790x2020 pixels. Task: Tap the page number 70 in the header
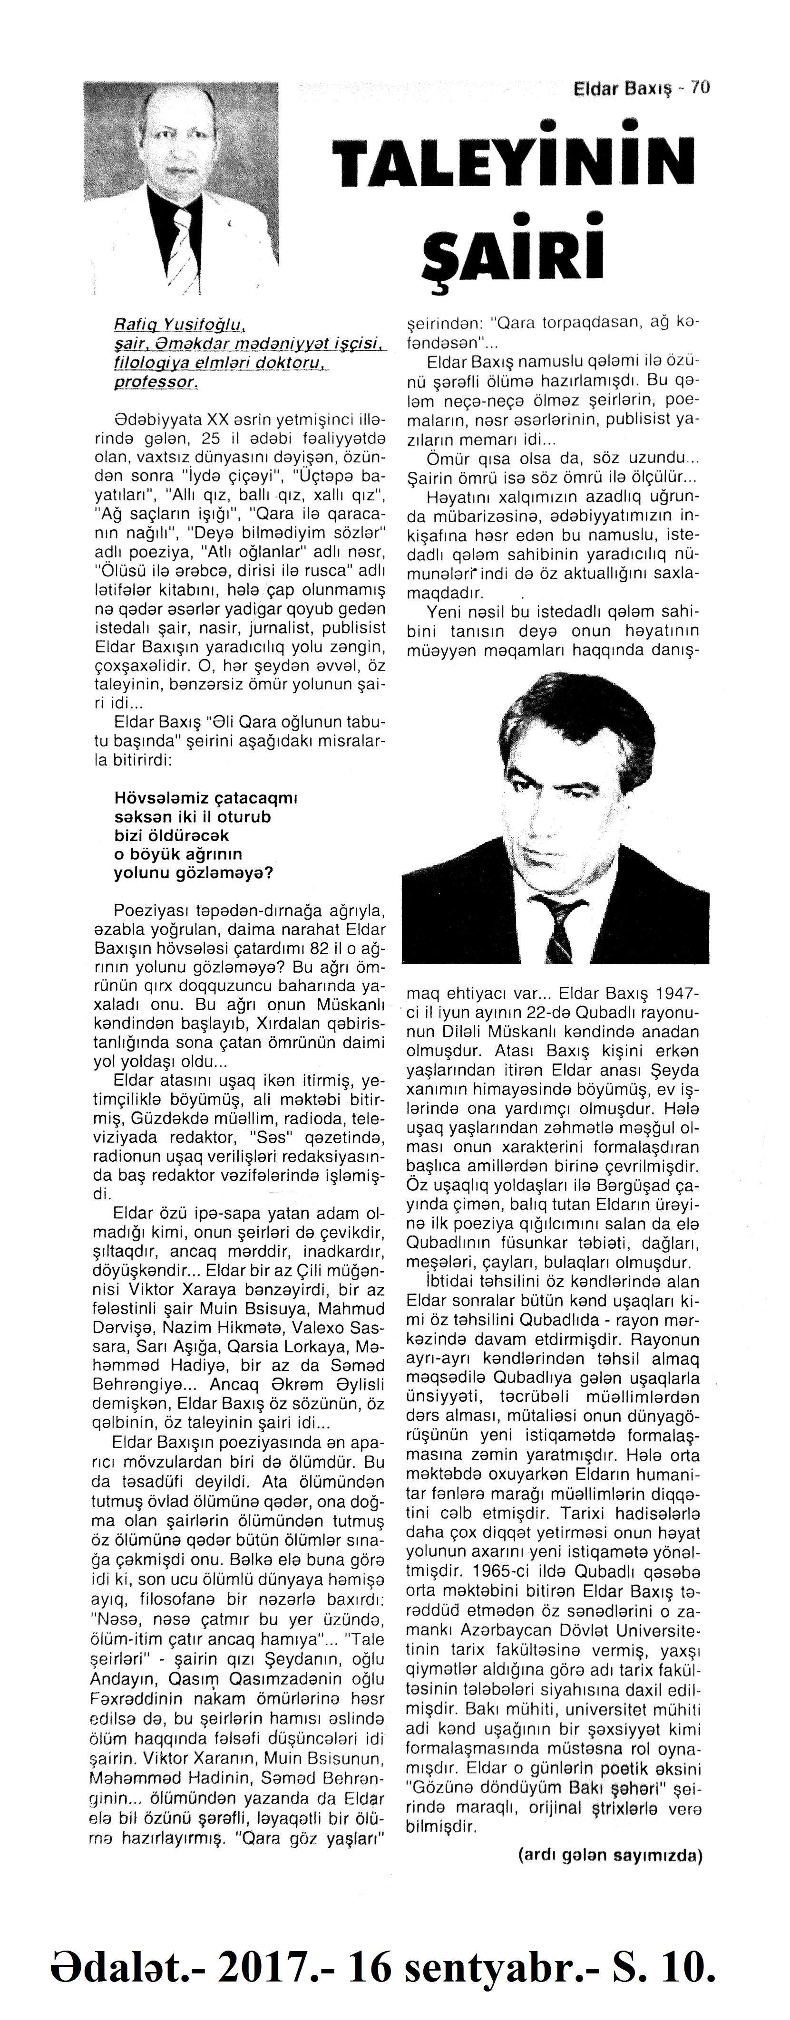tap(700, 89)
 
